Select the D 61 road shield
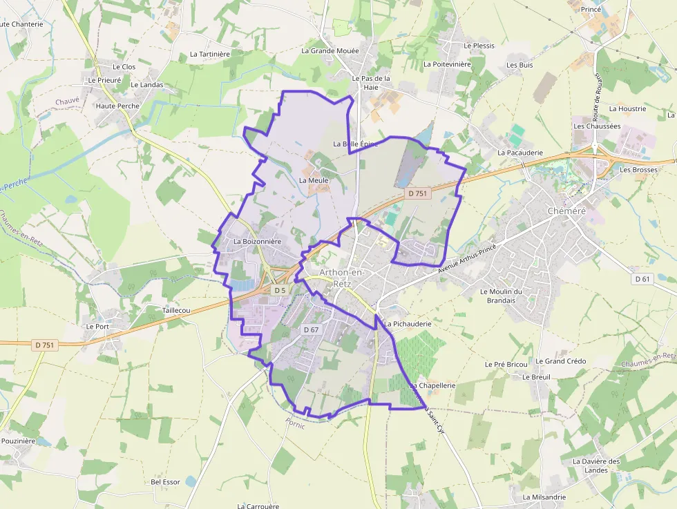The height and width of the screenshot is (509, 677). point(642,279)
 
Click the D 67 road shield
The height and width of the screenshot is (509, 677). point(311,330)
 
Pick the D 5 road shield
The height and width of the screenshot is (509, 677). point(279,291)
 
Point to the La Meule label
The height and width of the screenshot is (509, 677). point(313,180)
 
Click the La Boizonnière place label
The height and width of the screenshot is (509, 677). point(257,242)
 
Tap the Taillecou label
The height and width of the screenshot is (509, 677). point(175,311)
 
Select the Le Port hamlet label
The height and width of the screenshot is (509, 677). point(97,326)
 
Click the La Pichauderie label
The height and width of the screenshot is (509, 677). point(408,323)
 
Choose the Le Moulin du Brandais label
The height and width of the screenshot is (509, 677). point(510,296)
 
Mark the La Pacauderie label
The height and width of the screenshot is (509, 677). point(520,153)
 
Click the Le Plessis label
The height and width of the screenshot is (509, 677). point(479,46)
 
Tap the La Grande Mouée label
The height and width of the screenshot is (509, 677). point(330,50)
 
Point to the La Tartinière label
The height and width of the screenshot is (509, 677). point(209,53)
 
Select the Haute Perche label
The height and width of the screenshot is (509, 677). point(117,106)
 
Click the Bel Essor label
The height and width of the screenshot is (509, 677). point(165,482)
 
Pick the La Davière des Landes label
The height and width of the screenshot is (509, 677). point(596,465)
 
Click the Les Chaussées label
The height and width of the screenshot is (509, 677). point(597,126)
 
